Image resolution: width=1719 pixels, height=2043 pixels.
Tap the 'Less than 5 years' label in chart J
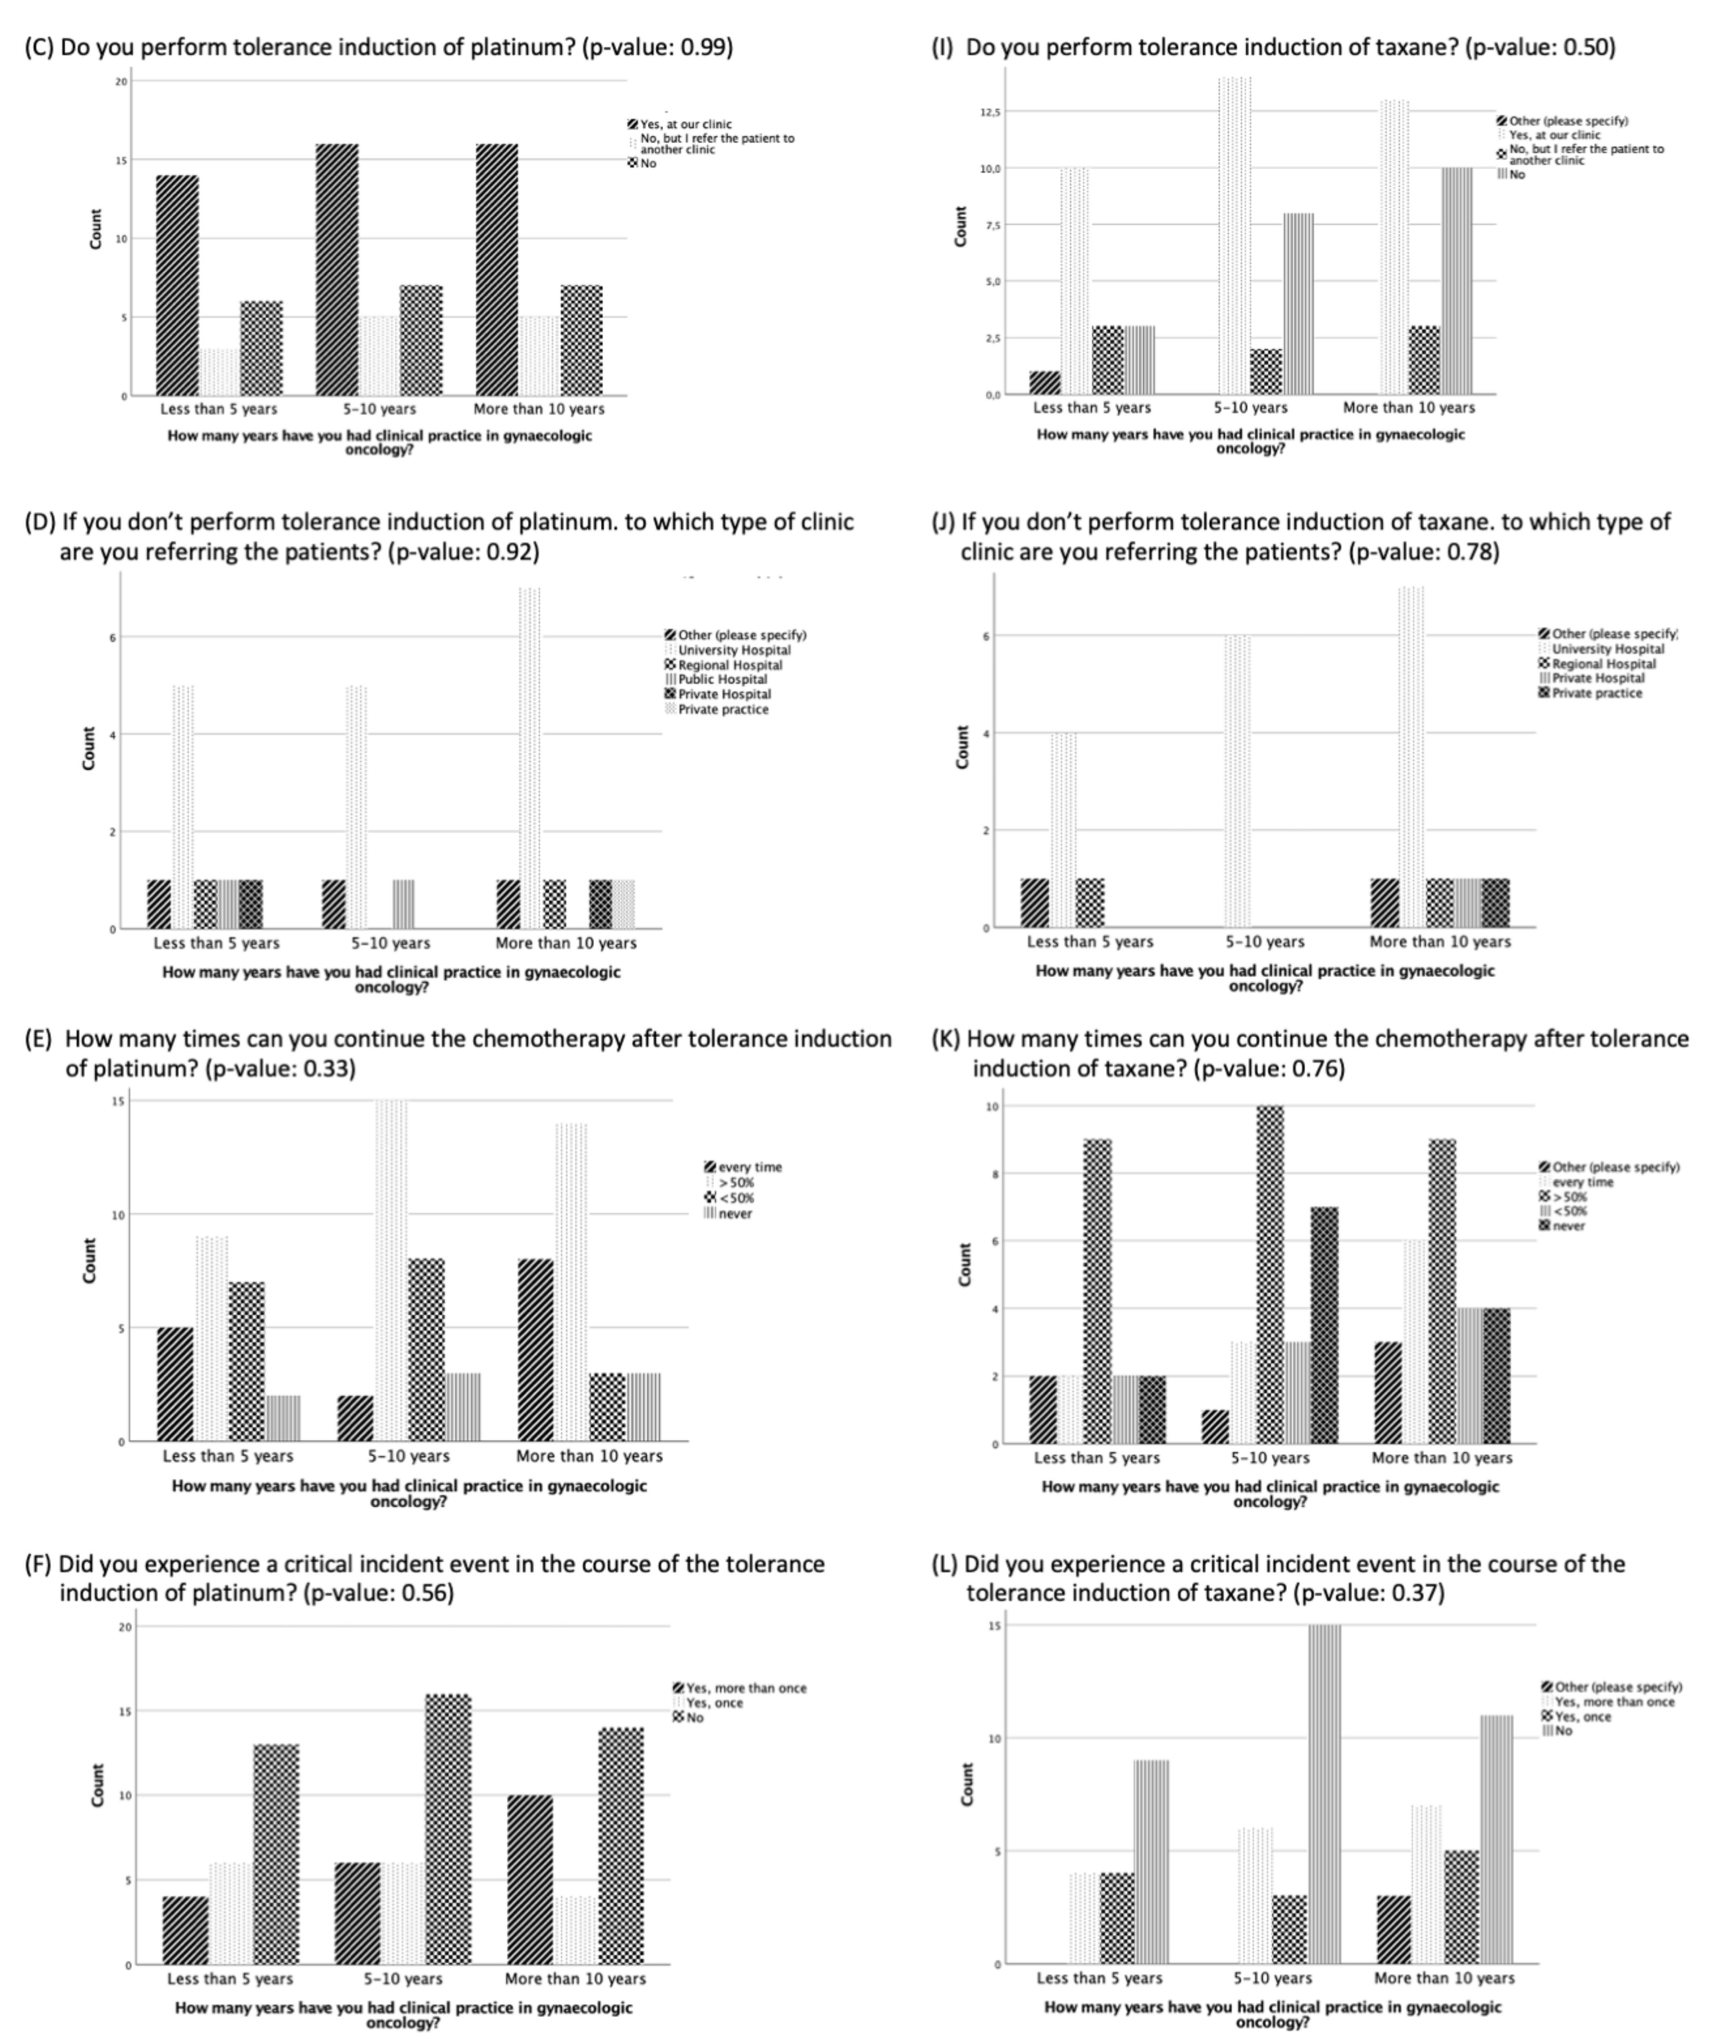click(x=1089, y=941)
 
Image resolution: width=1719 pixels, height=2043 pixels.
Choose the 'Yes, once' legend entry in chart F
click(x=714, y=1703)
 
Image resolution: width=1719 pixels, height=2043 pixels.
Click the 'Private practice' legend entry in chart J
click(x=1596, y=693)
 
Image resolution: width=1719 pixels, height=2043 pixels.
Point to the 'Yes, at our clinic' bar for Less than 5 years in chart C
click(x=177, y=286)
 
